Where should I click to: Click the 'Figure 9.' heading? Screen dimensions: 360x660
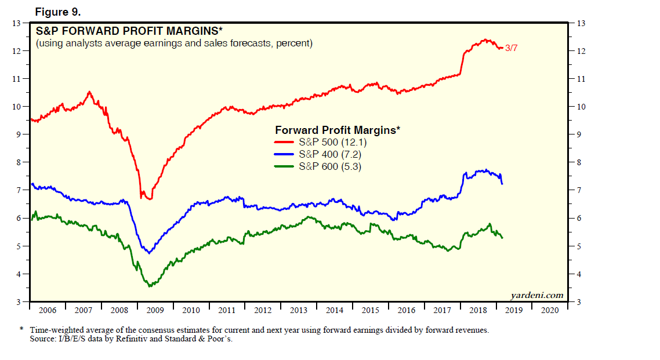pyautogui.click(x=58, y=12)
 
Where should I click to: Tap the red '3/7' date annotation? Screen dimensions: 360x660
pyautogui.click(x=511, y=48)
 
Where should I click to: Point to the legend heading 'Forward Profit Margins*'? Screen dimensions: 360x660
pyautogui.click(x=338, y=130)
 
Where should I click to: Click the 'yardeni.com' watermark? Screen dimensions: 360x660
pyautogui.click(x=536, y=294)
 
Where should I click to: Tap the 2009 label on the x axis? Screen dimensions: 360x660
pyautogui.click(x=155, y=310)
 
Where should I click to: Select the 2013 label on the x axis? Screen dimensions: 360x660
pyautogui.click(x=299, y=310)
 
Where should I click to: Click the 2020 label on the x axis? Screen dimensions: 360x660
pyautogui.click(x=550, y=310)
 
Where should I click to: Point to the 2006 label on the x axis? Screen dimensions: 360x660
pyautogui.click(x=48, y=310)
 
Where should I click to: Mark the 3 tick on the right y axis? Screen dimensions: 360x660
pyautogui.click(x=578, y=302)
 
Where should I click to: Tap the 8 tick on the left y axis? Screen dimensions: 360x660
pyautogui.click(x=18, y=162)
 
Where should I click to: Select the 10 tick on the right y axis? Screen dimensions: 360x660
pyautogui.click(x=580, y=107)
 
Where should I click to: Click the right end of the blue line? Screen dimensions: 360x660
pyautogui.click(x=502, y=184)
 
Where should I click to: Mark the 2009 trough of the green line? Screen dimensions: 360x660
pyautogui.click(x=150, y=286)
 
